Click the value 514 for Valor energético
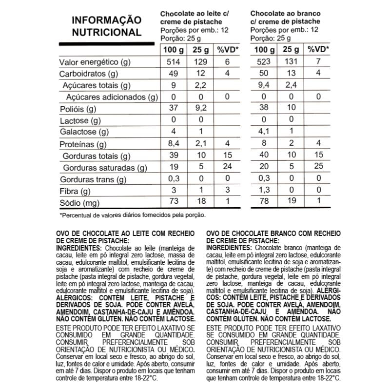174,62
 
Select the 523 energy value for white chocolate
264,62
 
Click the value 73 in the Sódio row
174,203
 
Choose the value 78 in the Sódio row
264,203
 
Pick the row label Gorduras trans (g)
94,179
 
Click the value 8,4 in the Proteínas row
174,144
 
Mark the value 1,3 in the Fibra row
264,191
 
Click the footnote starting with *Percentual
133,215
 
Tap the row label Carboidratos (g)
89,74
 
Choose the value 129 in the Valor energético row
200,62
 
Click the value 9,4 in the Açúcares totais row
264,86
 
